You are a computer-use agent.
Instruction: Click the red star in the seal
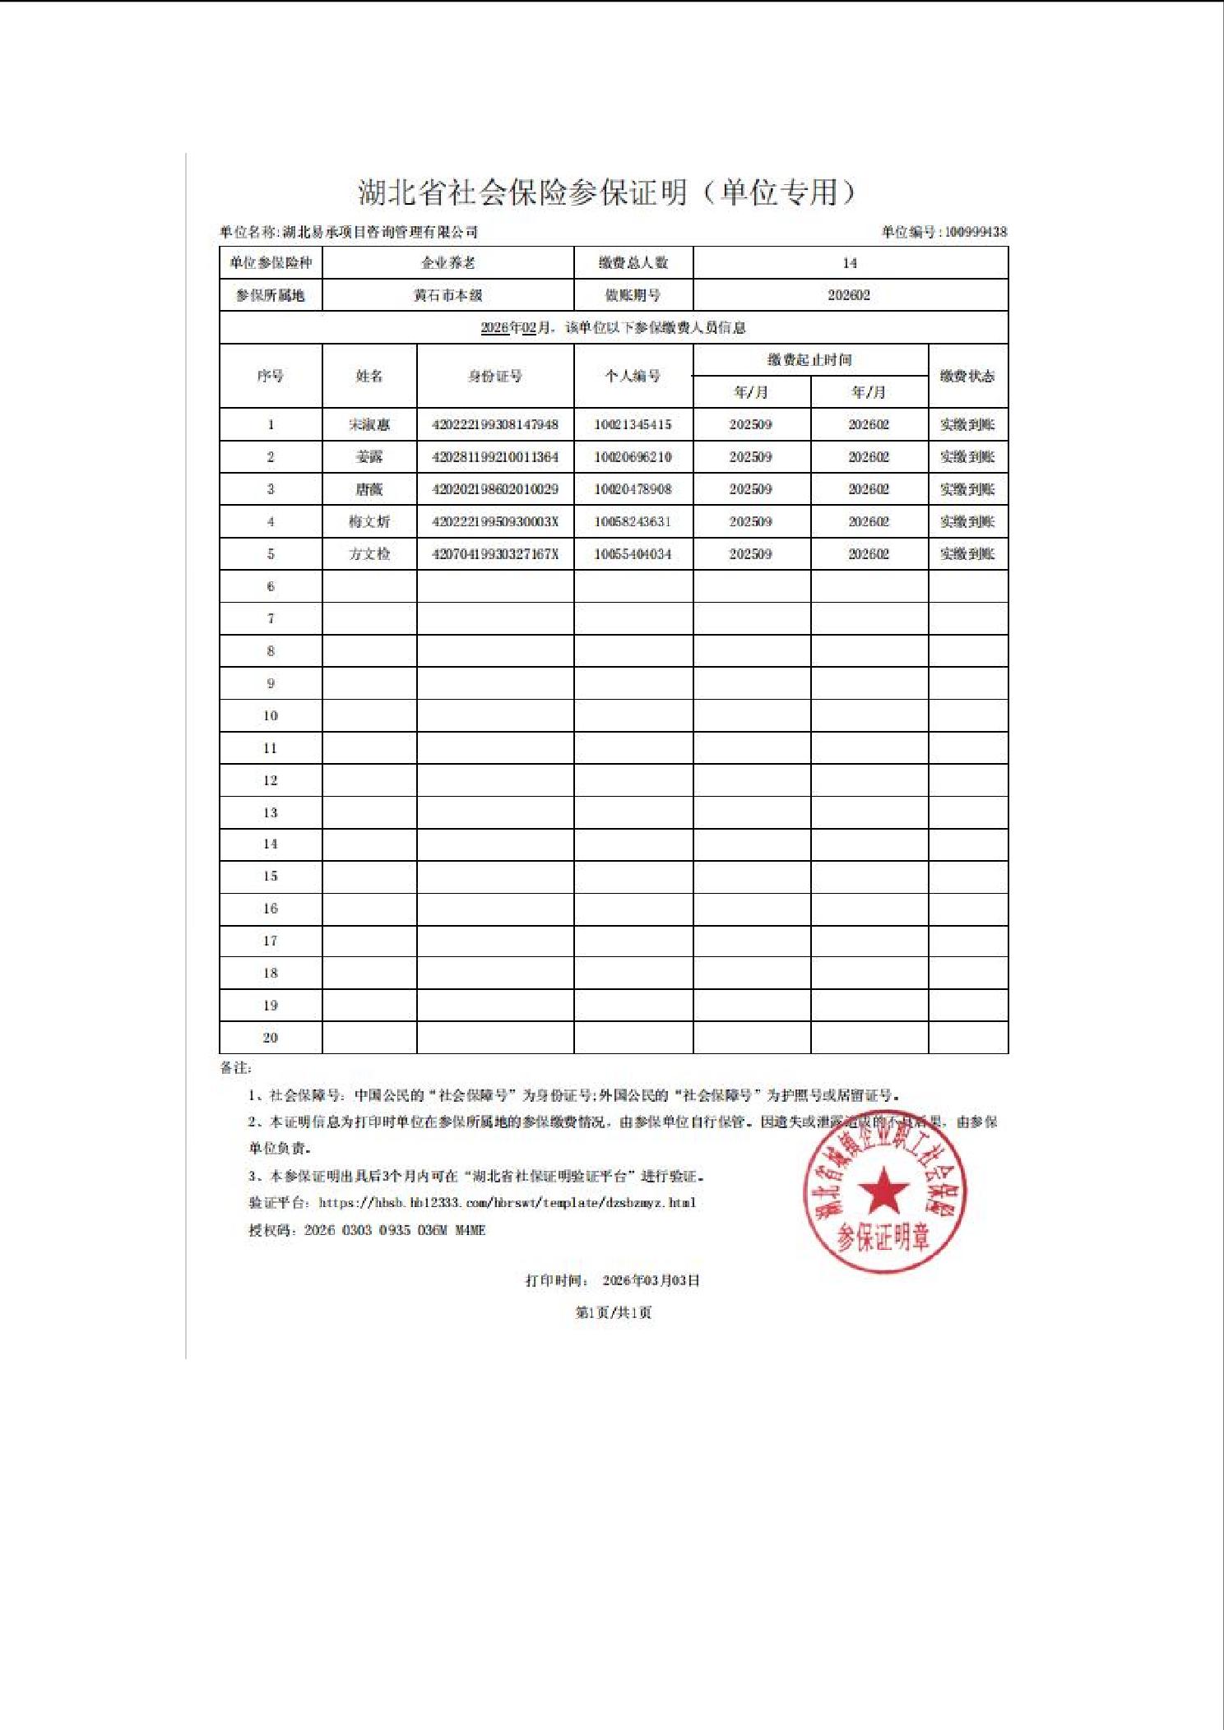883,1191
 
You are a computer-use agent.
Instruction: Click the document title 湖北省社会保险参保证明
523,192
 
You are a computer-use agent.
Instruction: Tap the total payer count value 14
850,263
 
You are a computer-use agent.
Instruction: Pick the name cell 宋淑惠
369,425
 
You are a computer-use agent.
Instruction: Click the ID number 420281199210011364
495,457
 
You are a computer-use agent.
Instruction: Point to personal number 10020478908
633,489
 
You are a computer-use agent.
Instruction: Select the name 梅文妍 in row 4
369,521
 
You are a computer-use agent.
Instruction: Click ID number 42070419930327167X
495,554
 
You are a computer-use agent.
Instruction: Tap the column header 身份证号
495,377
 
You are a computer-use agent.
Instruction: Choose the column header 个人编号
633,377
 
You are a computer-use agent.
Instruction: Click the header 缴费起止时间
809,360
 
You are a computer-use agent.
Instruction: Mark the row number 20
271,1038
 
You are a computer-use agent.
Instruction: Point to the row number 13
271,812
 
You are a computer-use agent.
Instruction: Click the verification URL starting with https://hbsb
507,1203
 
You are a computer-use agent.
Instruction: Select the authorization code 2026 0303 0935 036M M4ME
395,1230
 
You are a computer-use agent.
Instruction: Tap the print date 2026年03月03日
651,1280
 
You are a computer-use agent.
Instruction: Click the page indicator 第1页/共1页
613,1312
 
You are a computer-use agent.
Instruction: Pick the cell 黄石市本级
447,295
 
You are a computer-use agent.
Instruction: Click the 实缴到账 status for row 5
967,554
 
